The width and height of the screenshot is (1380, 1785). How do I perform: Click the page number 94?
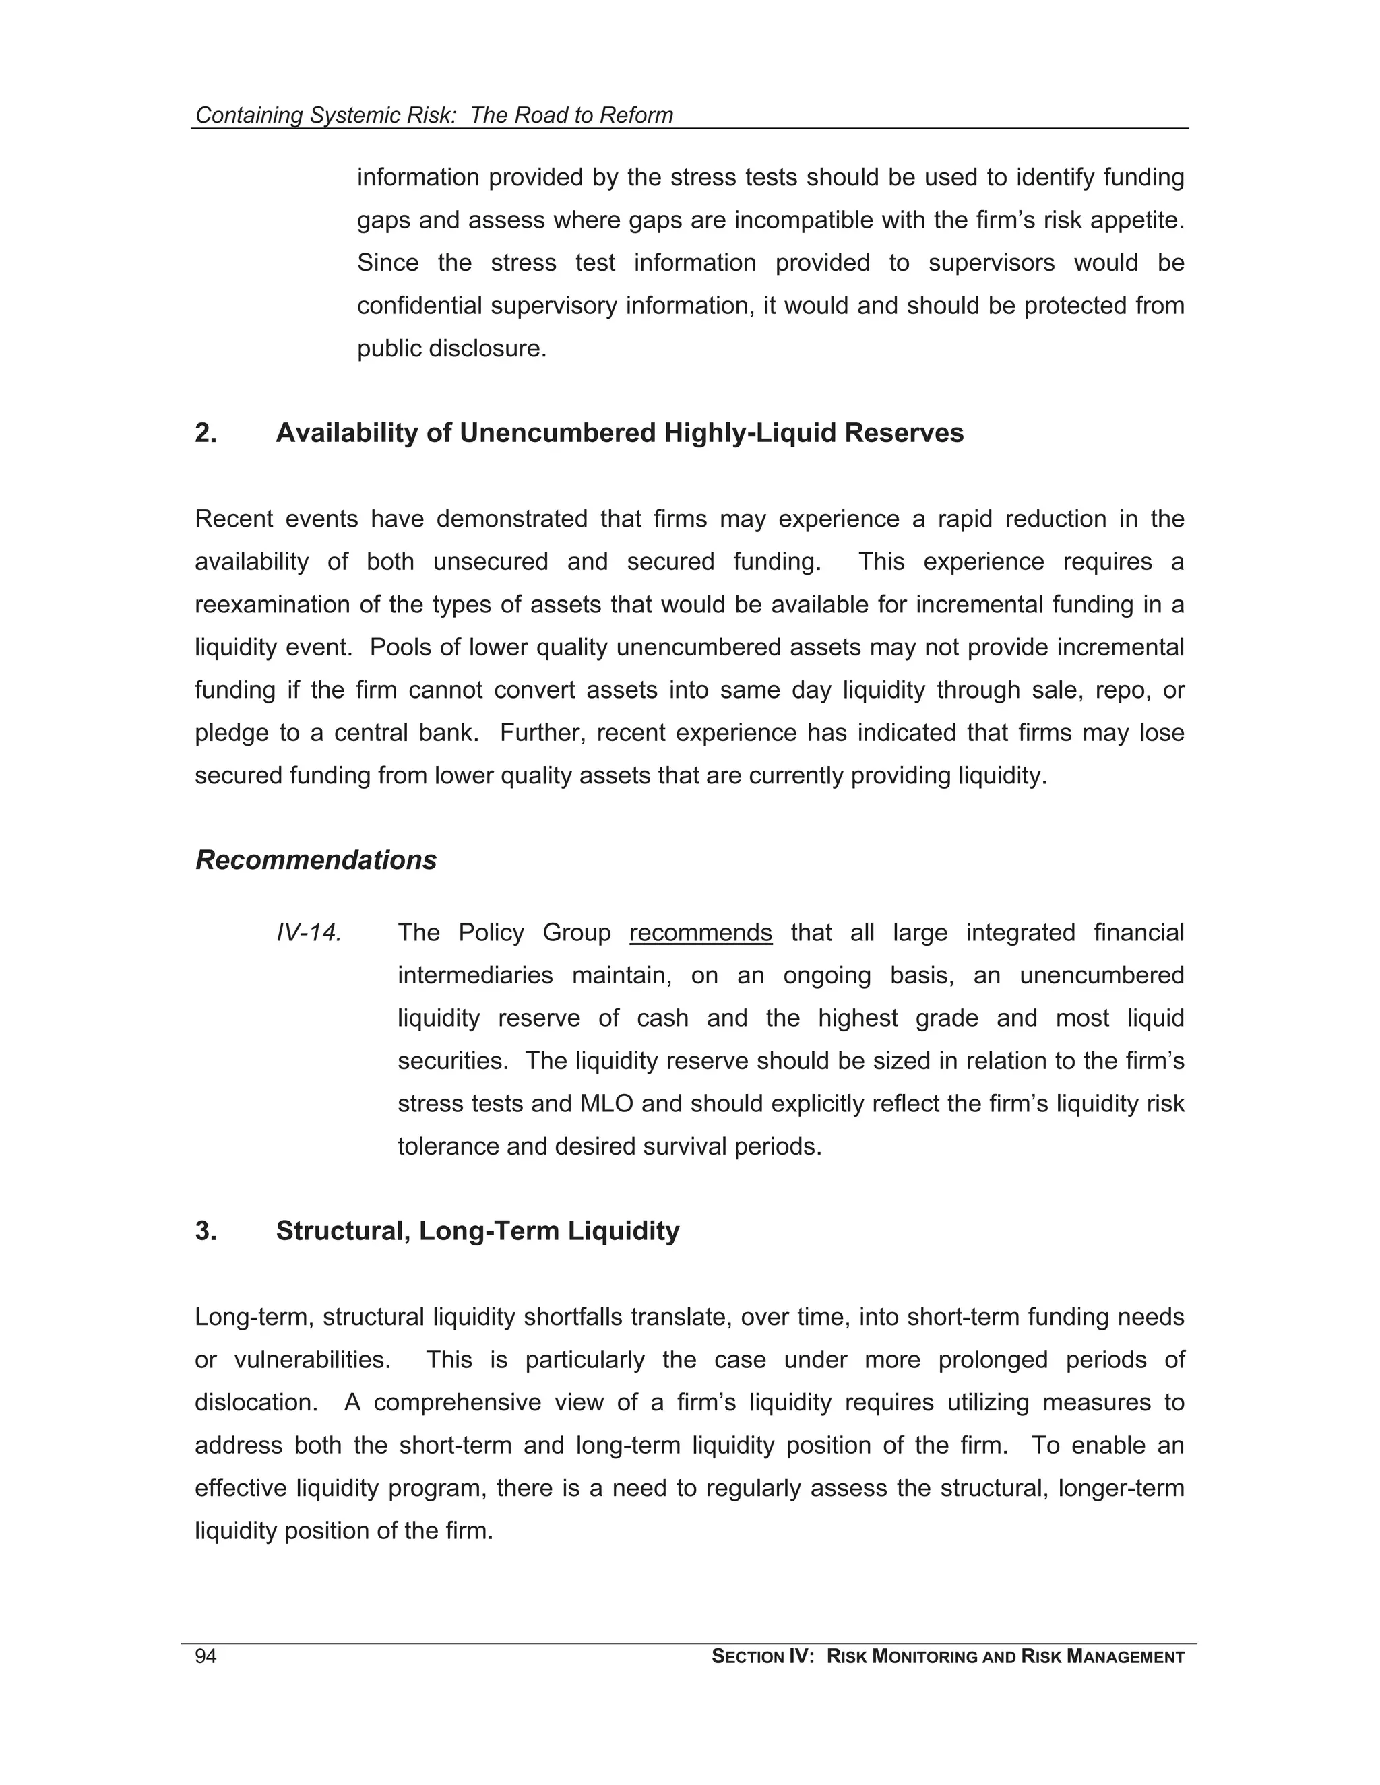[206, 1656]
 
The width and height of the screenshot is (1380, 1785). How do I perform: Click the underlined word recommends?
[700, 932]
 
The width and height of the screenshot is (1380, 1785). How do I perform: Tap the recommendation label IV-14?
[308, 932]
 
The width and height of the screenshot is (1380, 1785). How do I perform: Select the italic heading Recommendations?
[315, 859]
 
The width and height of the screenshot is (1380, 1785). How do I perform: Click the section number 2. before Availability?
[206, 432]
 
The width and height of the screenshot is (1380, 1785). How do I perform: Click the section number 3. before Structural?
[206, 1231]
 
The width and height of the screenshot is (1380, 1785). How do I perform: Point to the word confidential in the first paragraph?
[420, 306]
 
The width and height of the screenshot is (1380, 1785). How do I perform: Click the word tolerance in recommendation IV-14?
[448, 1146]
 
